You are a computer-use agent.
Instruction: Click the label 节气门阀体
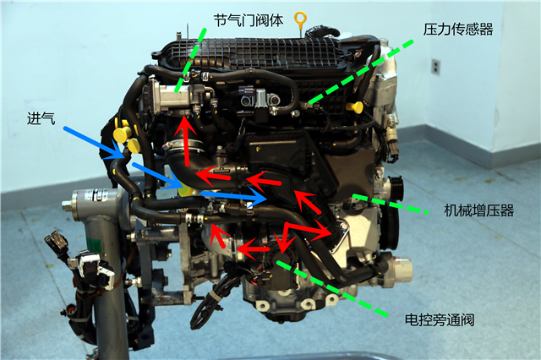249,20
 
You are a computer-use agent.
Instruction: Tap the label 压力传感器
458,30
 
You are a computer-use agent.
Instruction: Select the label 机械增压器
479,210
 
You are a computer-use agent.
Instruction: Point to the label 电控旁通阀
440,319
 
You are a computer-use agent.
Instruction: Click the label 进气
41,118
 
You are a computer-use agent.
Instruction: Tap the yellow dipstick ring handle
300,19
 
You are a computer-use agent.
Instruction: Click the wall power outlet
436,67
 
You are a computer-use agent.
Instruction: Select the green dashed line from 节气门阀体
190,60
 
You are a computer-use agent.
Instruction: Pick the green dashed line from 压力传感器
361,72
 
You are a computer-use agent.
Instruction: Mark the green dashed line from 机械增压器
391,205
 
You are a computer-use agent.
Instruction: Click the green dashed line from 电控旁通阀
332,288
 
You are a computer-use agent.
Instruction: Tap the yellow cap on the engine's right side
355,106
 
